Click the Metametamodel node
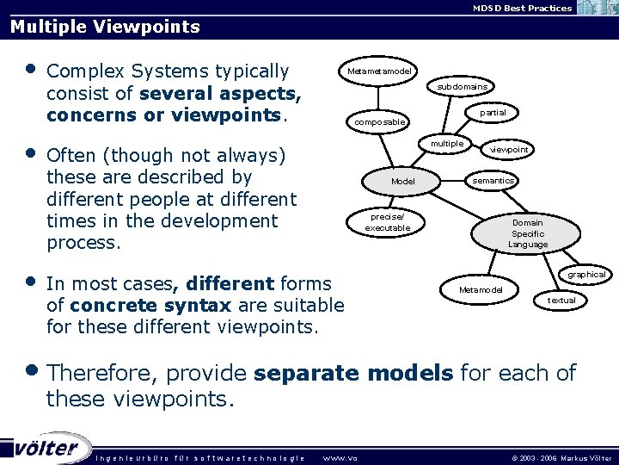click(x=379, y=71)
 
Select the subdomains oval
click(x=462, y=87)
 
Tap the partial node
click(x=493, y=113)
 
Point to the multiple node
click(x=447, y=144)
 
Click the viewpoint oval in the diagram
click(x=509, y=150)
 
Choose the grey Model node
click(x=403, y=182)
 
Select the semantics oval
click(x=493, y=181)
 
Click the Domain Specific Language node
click(x=527, y=233)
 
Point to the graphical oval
click(x=586, y=275)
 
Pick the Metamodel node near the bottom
click(x=481, y=290)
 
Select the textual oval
click(x=561, y=301)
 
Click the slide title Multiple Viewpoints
click(x=105, y=27)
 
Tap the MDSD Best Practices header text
click(x=522, y=8)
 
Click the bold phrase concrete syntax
click(x=150, y=306)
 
